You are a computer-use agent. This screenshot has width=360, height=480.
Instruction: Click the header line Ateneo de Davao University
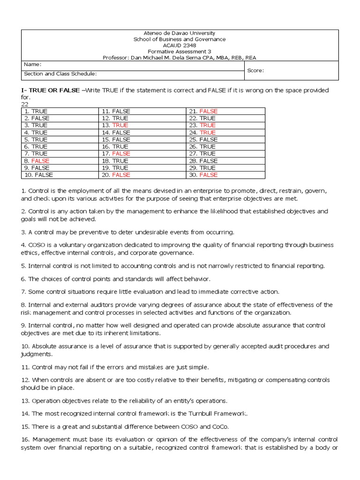click(180, 33)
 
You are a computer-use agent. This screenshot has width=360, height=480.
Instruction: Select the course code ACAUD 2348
click(180, 45)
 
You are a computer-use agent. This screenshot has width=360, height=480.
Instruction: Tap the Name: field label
click(33, 64)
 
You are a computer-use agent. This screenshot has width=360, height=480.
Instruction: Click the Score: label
click(256, 70)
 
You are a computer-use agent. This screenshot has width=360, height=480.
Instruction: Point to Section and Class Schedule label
click(60, 74)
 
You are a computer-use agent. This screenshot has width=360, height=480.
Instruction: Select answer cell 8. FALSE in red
click(37, 160)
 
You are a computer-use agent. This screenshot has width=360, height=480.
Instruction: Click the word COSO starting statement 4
click(37, 245)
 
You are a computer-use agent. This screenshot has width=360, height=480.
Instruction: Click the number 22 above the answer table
click(25, 104)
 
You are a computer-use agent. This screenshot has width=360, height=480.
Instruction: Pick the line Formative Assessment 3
click(180, 52)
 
